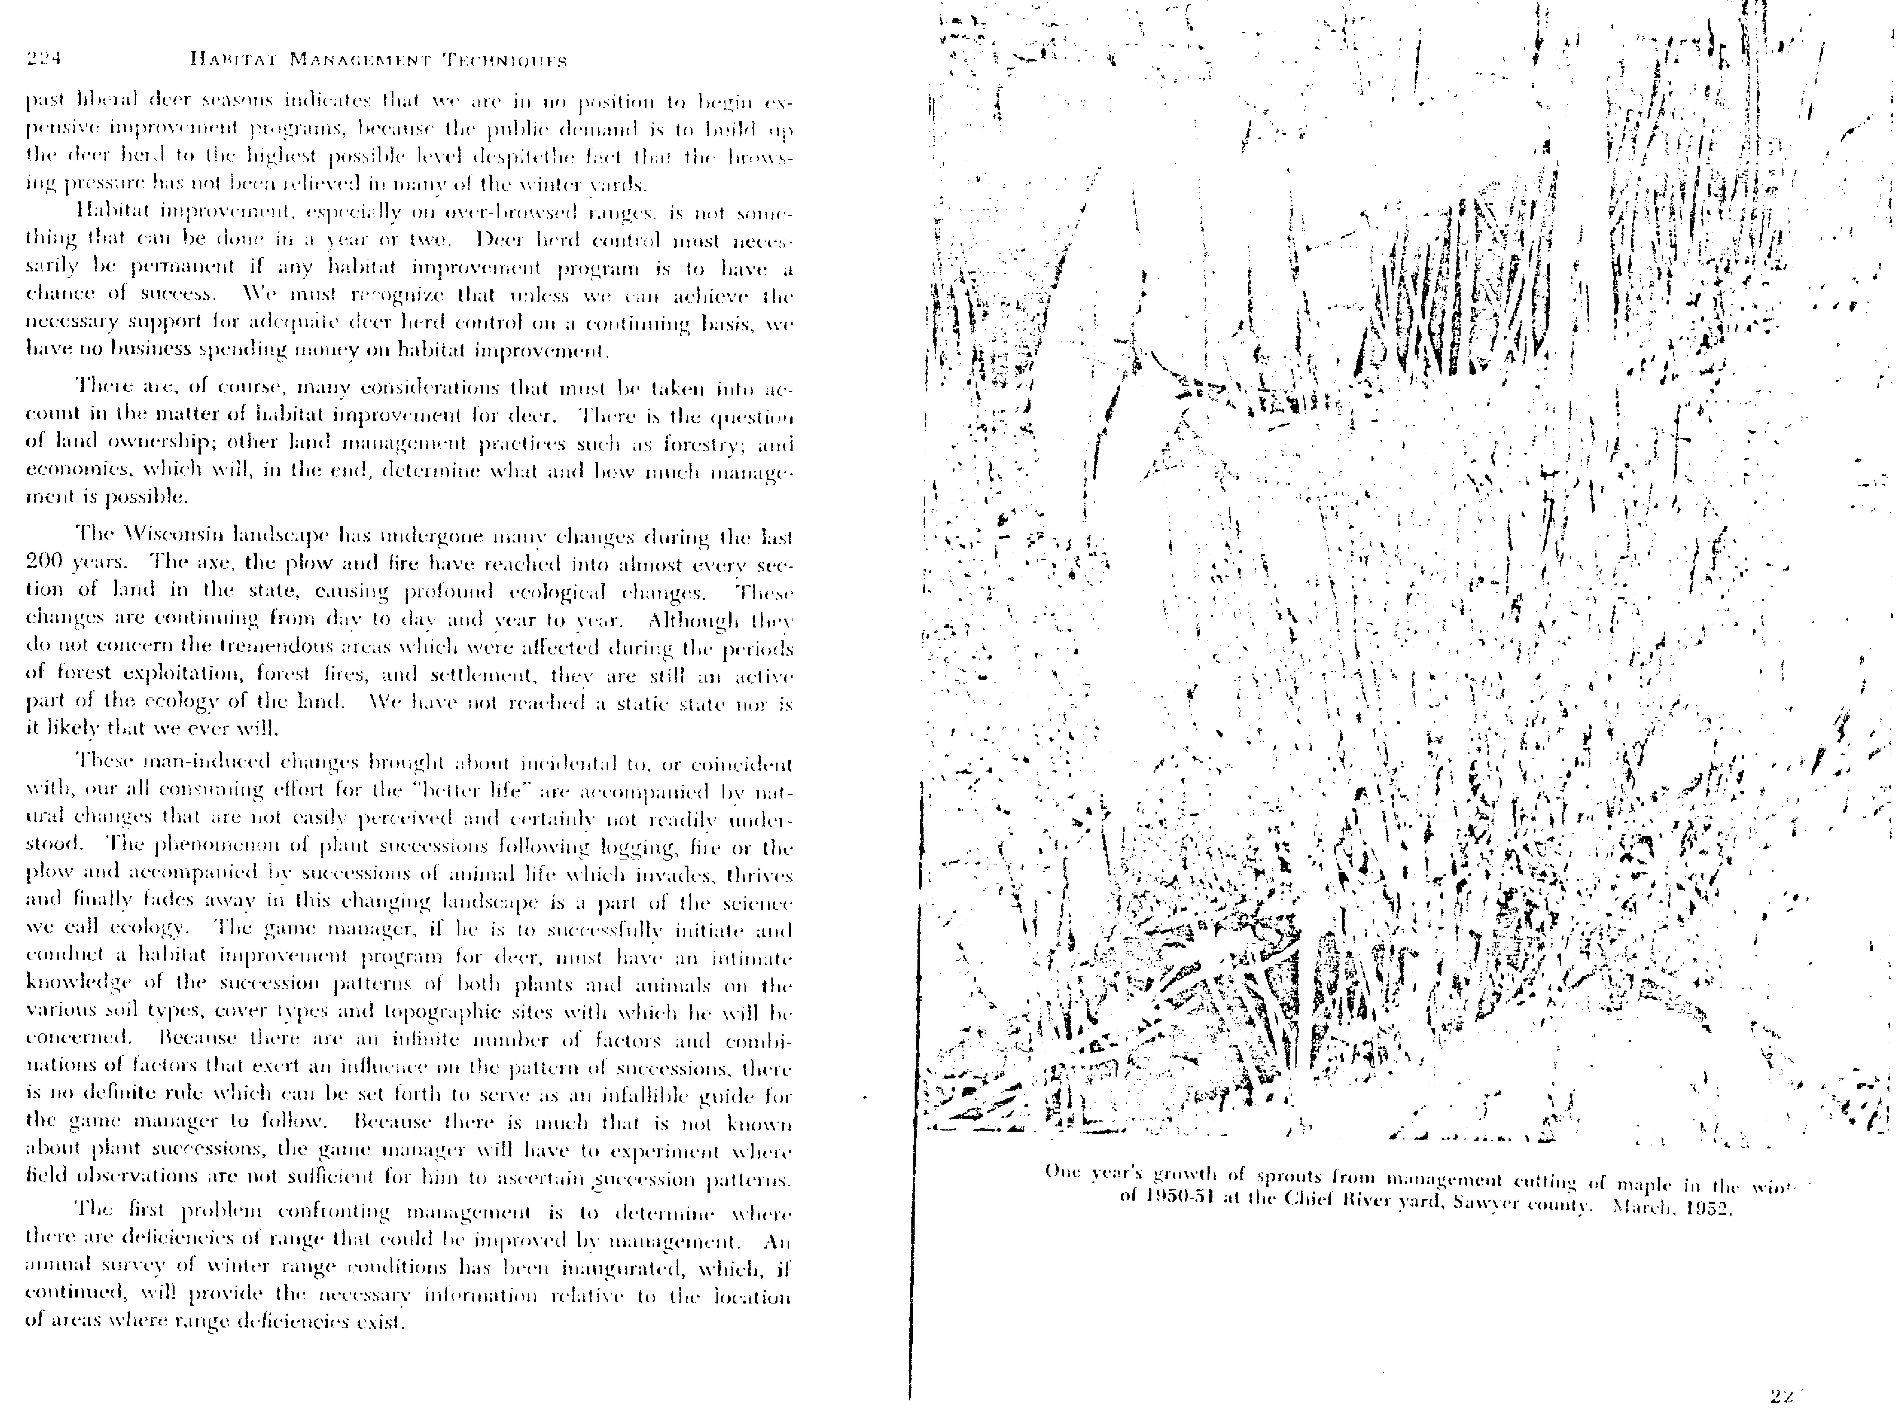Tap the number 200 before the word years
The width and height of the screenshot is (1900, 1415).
point(44,563)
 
